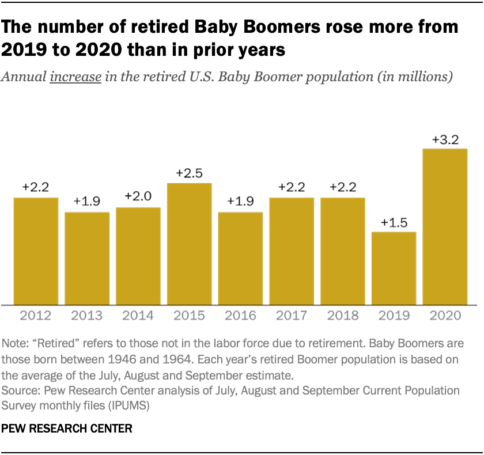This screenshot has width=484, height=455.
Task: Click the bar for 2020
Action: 445,226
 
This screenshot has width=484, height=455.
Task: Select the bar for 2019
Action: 394,268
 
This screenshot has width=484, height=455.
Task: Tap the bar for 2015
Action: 190,244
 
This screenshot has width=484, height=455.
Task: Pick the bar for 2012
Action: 36,251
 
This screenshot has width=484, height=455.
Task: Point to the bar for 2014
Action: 138,256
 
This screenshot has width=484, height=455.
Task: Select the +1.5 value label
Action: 394,222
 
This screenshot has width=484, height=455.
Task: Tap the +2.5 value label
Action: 190,173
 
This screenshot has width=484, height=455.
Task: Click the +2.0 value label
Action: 138,197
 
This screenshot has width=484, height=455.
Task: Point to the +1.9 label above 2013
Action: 87,202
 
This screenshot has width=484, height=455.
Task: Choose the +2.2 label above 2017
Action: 292,187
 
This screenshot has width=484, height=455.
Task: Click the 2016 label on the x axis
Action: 240,316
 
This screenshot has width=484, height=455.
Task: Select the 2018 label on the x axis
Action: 343,316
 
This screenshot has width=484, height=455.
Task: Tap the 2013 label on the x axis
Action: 87,316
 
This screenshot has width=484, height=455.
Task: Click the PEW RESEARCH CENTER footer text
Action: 67,429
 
